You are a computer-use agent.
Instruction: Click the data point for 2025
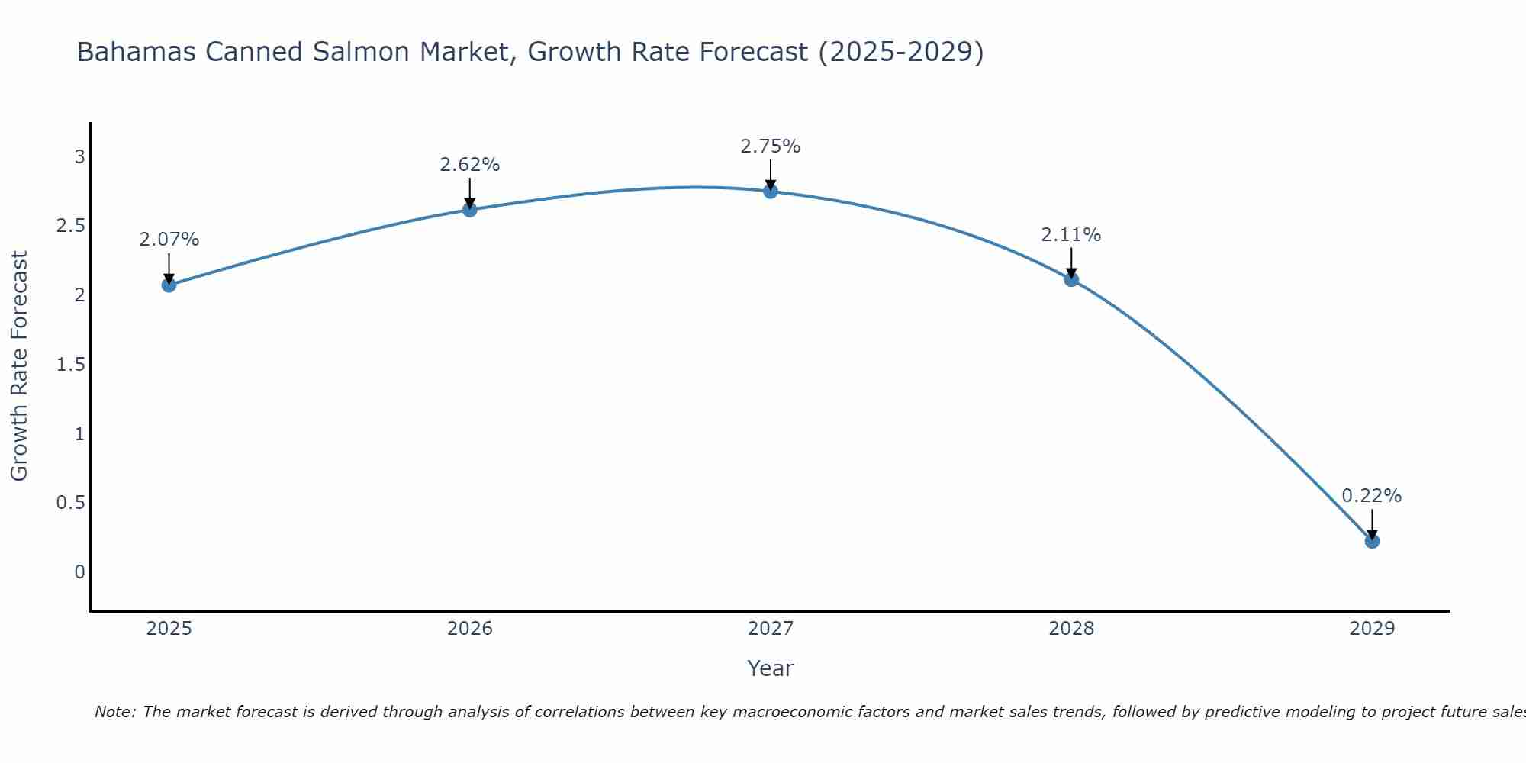pos(169,285)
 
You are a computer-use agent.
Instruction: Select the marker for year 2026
pos(469,209)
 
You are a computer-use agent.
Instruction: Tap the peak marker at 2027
pos(771,191)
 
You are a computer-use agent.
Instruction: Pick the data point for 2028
pos(1071,279)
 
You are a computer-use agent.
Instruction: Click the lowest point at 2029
pos(1372,541)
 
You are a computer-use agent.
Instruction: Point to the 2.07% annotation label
pos(169,240)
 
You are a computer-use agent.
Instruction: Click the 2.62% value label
pos(469,165)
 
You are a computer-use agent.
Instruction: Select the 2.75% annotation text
pos(771,146)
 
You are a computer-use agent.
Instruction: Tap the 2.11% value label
pos(1071,235)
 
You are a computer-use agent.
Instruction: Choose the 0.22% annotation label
pos(1372,496)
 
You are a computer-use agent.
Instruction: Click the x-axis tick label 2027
pos(771,629)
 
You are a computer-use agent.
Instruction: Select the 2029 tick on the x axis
pos(1372,629)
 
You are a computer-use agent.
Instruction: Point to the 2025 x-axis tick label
pos(169,629)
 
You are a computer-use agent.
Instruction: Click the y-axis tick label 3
pos(79,157)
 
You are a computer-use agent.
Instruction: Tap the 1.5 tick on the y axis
pos(71,365)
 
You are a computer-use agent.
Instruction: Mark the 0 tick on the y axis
pos(79,572)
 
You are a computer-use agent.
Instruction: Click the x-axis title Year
pos(771,668)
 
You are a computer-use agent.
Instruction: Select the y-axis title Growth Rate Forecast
pos(20,366)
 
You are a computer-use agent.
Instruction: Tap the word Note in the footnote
pos(114,712)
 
